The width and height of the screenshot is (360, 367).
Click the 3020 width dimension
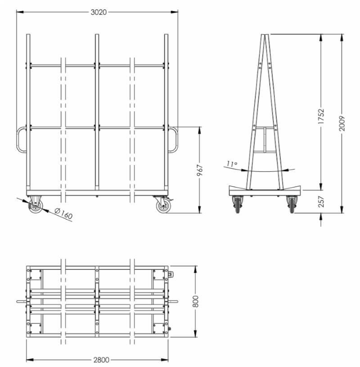tap(99, 12)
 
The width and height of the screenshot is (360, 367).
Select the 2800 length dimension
tap(101, 359)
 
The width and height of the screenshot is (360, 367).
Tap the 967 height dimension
tap(200, 170)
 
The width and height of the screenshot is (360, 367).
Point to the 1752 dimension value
tap(321, 116)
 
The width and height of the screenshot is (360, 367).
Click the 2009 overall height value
tap(342, 123)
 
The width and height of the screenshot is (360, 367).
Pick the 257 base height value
tap(321, 201)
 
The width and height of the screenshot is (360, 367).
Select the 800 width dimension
tap(195, 301)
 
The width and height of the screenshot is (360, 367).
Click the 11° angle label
tap(232, 164)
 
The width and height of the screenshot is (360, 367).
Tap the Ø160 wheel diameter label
tap(63, 214)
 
